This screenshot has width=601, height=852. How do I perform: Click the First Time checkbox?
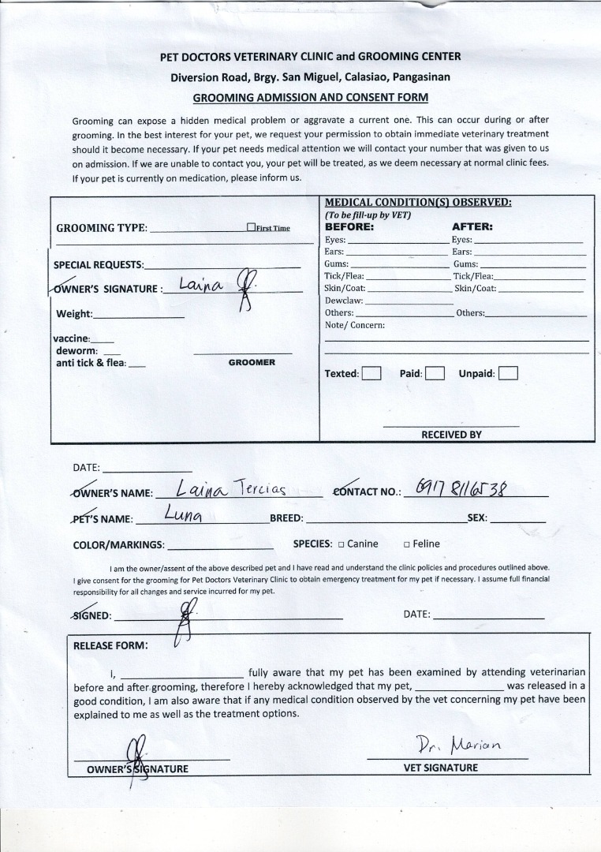click(x=251, y=227)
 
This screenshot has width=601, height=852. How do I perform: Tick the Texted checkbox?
click(x=371, y=373)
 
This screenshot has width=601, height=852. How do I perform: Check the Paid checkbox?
click(x=435, y=373)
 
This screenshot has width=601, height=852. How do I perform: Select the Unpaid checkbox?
click(x=508, y=373)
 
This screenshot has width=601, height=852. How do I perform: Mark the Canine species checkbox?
click(x=342, y=544)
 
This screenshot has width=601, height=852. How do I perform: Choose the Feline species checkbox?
click(x=407, y=544)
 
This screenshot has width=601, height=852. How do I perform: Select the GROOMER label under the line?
click(x=252, y=362)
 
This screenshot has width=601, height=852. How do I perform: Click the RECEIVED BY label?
click(x=451, y=435)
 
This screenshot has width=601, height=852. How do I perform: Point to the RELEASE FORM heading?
click(x=110, y=645)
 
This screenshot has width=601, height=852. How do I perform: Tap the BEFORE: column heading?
click(x=349, y=226)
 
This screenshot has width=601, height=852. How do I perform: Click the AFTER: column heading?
click(x=472, y=226)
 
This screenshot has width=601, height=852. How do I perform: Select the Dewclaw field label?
click(x=344, y=301)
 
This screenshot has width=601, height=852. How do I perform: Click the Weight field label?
click(x=74, y=314)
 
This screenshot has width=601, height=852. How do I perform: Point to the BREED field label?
click(x=286, y=518)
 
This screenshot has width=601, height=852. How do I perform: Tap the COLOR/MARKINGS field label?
click(x=118, y=544)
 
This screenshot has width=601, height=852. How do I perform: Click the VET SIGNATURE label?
click(x=440, y=768)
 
